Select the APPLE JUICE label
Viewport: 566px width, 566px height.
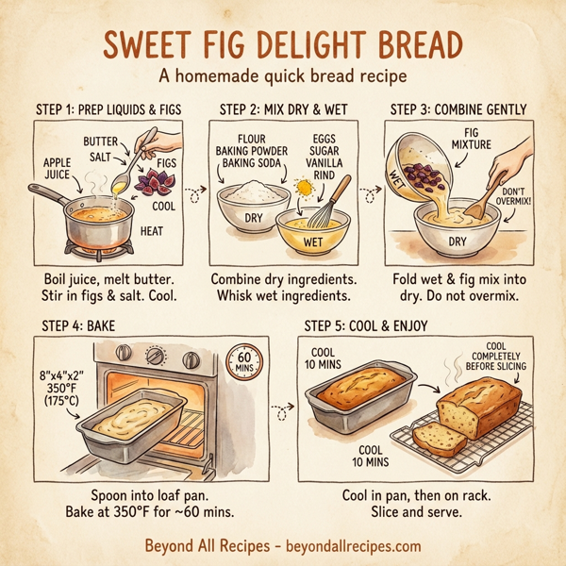[57, 168]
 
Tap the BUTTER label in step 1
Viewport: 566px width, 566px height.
[100, 141]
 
